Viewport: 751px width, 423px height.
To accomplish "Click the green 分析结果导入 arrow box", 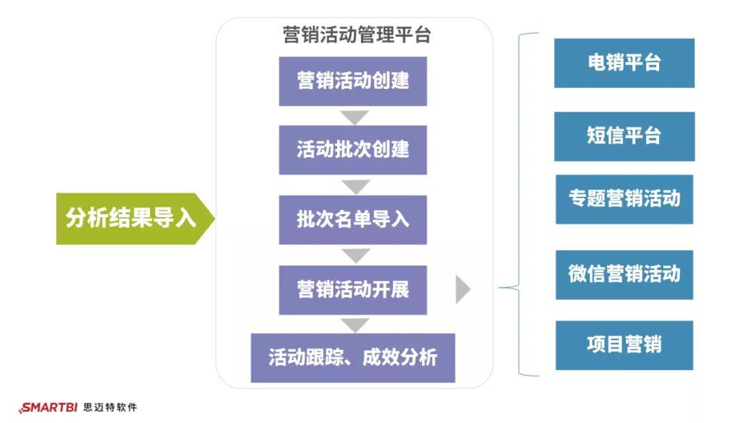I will [x=132, y=218].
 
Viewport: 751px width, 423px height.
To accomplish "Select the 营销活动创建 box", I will [x=353, y=81].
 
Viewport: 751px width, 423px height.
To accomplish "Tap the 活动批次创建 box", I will [x=353, y=150].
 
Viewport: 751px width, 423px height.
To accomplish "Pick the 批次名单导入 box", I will [x=353, y=219].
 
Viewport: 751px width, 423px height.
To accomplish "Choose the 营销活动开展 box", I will [x=353, y=289].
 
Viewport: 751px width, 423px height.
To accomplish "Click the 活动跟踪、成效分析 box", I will [x=353, y=358].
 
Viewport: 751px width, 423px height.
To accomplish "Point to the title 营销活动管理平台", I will [x=356, y=35].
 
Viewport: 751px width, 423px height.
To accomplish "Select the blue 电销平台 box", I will [x=624, y=63].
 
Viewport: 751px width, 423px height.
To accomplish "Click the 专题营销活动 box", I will [x=624, y=199].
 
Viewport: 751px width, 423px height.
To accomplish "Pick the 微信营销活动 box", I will [x=624, y=275].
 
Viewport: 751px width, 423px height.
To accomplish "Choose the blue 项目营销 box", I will [x=624, y=345].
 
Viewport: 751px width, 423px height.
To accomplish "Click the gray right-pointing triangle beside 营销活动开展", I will [x=462, y=289].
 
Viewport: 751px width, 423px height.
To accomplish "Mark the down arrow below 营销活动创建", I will [x=355, y=117].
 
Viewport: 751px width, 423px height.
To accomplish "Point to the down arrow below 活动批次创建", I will [x=355, y=186].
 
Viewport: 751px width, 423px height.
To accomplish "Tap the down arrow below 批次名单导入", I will [x=355, y=255].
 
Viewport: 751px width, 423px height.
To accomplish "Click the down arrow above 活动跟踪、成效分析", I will [x=355, y=325].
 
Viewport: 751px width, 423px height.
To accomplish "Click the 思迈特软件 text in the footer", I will [x=109, y=408].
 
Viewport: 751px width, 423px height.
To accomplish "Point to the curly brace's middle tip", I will [x=501, y=287].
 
